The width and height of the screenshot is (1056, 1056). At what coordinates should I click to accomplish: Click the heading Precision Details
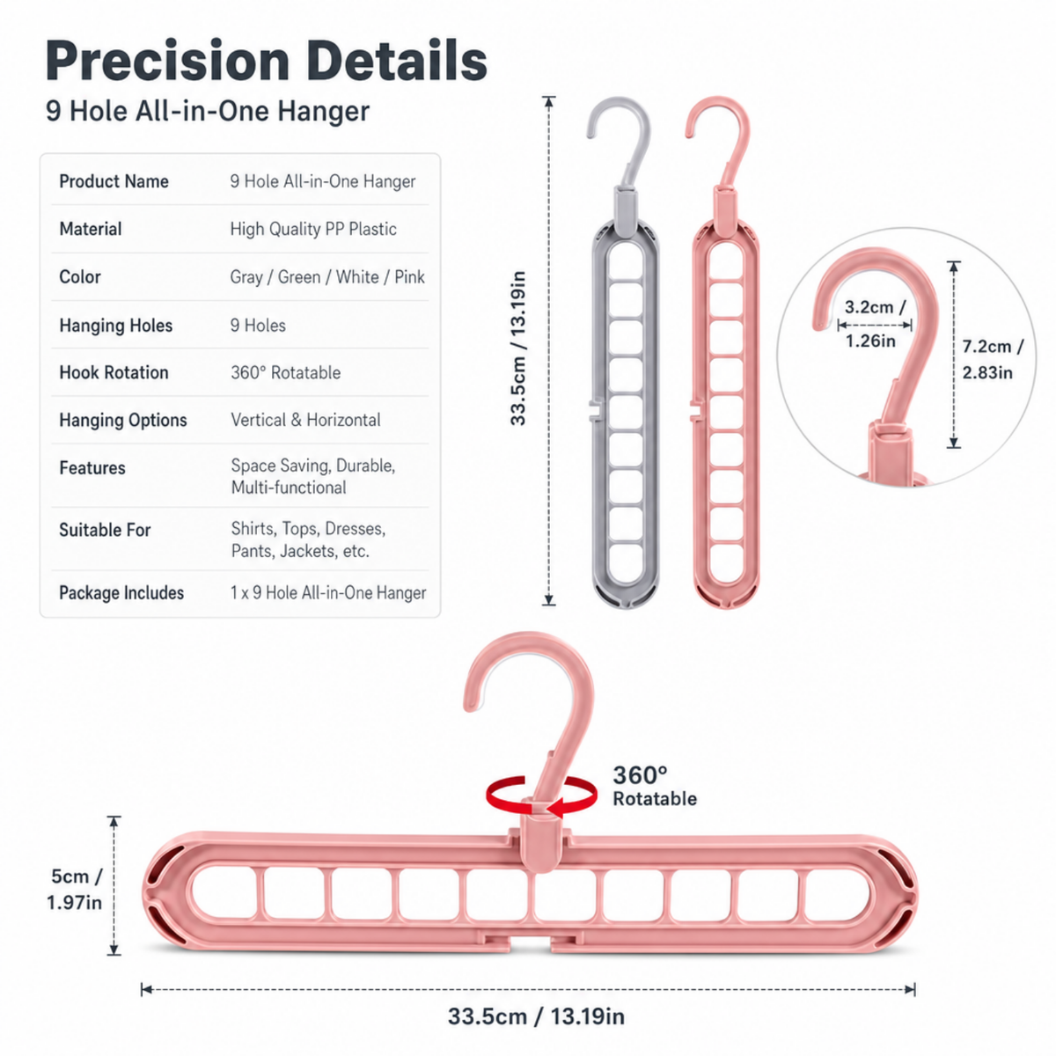267,61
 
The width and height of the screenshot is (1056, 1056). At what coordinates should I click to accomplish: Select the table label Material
91,229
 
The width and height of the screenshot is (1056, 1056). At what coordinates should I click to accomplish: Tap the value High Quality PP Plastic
313,229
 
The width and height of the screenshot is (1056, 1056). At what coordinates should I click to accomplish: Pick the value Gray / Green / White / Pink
327,276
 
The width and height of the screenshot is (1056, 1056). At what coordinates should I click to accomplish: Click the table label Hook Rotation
114,372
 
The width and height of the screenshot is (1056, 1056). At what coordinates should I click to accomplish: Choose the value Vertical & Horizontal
305,421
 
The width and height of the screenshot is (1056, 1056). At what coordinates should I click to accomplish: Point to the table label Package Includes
121,593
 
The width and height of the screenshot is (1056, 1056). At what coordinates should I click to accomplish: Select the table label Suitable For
105,530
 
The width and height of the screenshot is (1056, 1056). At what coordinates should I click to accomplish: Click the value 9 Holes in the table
258,326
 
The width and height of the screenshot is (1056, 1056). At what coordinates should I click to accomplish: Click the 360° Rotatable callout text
655,787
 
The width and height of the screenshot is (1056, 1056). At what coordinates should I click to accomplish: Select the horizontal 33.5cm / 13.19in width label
536,1016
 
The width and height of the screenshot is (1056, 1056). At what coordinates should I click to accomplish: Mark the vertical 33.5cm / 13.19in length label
517,348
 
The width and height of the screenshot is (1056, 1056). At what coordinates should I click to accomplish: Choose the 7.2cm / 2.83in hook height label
993,360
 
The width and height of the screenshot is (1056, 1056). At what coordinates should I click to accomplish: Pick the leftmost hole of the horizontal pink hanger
224,894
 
